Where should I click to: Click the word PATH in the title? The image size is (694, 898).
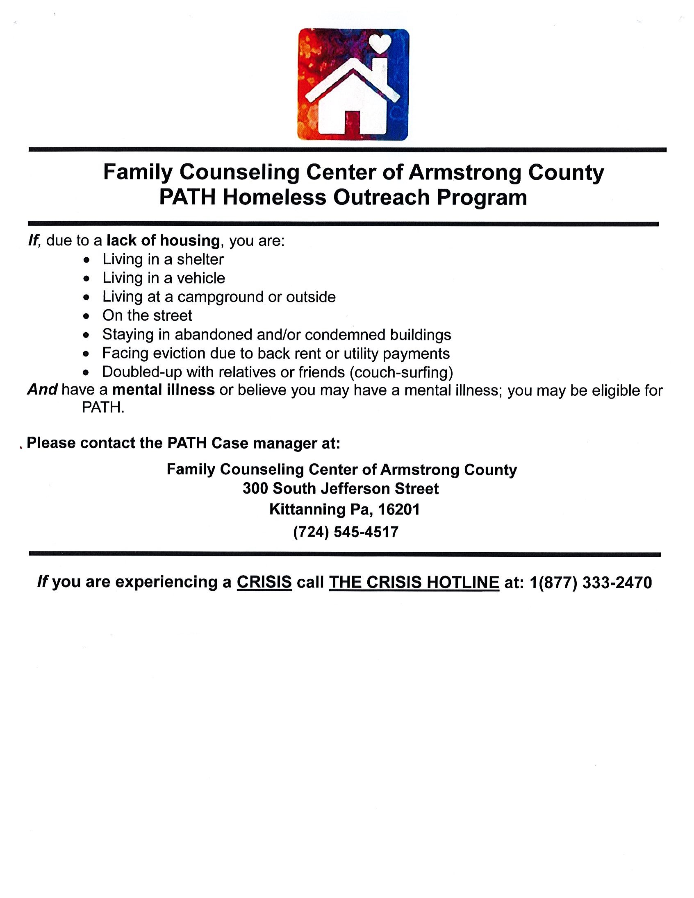[x=187, y=197]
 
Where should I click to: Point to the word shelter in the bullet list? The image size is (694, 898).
[x=200, y=259]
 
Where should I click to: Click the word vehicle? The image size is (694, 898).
[x=201, y=278]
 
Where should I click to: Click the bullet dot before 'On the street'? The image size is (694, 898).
[x=86, y=316]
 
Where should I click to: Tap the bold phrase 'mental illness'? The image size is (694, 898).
[x=163, y=390]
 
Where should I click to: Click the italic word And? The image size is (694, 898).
[x=42, y=390]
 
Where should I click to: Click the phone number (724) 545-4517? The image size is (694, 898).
[x=346, y=532]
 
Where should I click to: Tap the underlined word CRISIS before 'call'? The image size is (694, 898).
[x=264, y=582]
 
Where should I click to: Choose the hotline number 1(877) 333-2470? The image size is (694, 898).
[x=591, y=582]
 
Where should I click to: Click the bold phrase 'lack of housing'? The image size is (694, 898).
[x=163, y=240]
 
